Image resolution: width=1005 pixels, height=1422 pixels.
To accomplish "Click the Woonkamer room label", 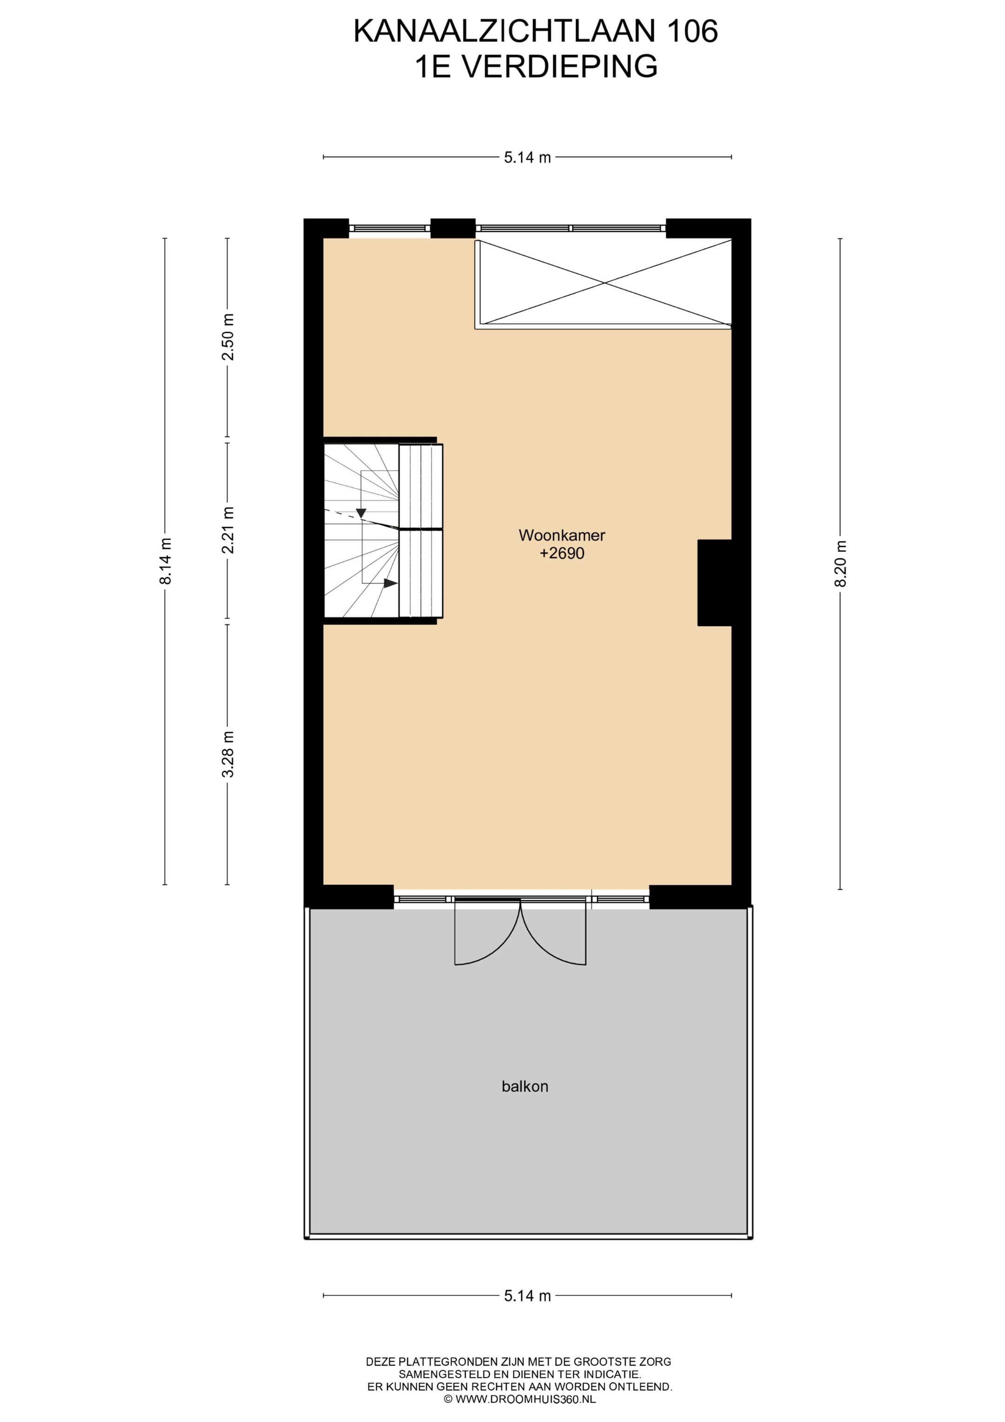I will pos(561,535).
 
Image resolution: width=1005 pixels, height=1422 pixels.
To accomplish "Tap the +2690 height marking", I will pos(562,553).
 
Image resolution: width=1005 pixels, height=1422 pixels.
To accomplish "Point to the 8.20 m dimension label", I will pos(840,564).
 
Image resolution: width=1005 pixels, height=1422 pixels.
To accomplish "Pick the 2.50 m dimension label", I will pos(228,337).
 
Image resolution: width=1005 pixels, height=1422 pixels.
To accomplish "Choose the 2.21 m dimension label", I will pos(228,530).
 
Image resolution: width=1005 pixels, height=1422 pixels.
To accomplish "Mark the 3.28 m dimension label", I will pos(228,755).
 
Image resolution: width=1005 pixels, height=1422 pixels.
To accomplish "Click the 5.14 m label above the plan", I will pos(527,157).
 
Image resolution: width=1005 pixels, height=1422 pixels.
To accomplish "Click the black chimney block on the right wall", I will pos(715,583).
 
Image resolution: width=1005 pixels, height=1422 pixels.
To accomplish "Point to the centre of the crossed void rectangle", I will pos(604,283).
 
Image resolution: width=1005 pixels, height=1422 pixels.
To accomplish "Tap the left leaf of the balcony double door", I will pos(487,935).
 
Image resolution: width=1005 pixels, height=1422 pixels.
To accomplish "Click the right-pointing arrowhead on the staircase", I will pos(390,583).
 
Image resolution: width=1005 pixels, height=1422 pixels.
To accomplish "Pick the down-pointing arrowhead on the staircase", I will pos(361,513).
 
